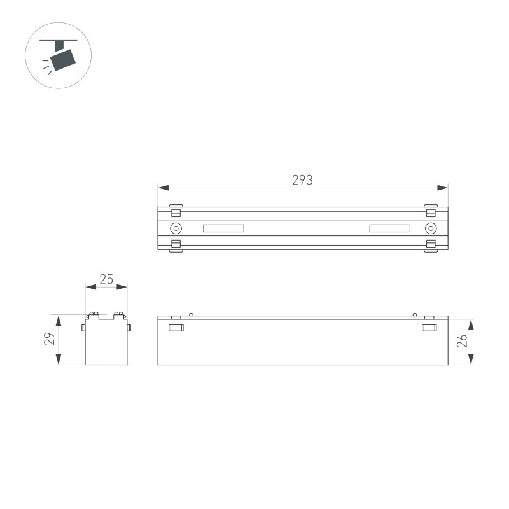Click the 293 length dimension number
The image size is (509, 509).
(x=303, y=180)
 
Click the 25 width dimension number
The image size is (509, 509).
(x=106, y=279)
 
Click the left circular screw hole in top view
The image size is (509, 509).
(x=176, y=229)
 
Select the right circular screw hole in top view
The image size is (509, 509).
(x=431, y=229)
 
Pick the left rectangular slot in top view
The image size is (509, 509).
(x=223, y=229)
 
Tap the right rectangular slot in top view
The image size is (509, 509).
(x=389, y=229)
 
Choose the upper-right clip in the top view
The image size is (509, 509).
(x=431, y=212)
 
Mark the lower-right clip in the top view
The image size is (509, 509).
(x=431, y=246)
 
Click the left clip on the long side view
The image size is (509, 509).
(x=176, y=328)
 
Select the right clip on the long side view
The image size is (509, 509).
(x=430, y=328)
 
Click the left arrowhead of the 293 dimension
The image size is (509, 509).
(x=163, y=188)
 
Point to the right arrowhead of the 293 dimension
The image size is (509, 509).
(x=443, y=188)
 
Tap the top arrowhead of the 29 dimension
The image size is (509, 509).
(x=59, y=319)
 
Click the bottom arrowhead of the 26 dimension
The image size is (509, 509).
(x=471, y=360)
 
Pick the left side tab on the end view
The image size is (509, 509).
(x=83, y=328)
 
